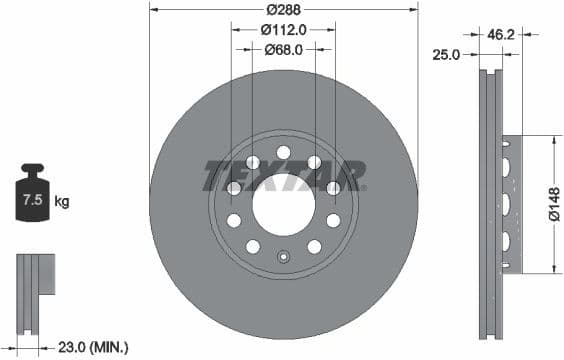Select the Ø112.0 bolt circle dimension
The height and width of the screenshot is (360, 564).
tap(283, 29)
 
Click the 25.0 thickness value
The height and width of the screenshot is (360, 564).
tap(446, 55)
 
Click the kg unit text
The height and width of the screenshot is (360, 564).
tap(62, 201)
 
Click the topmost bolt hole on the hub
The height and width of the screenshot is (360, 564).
tap(283, 152)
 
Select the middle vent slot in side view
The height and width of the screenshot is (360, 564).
tap(508, 204)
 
